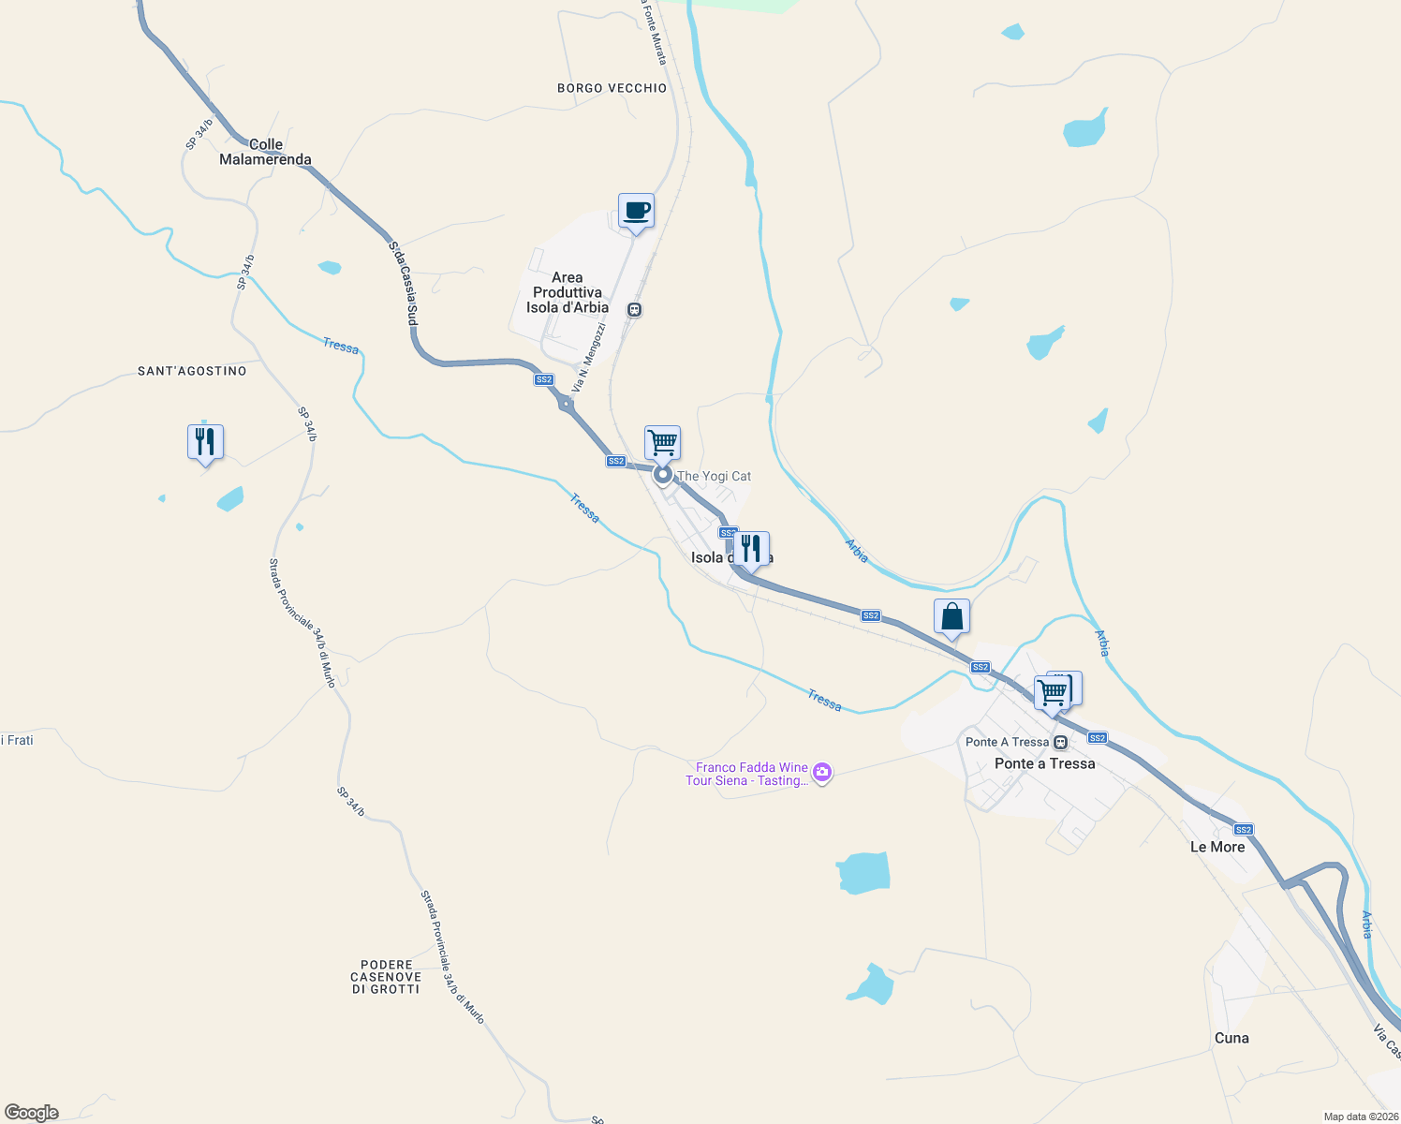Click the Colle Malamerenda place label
[x=265, y=152]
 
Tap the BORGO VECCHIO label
[x=612, y=88]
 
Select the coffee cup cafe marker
[x=636, y=212]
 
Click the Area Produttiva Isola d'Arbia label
[x=568, y=292]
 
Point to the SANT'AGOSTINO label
[x=192, y=371]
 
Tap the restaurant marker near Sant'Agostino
[x=205, y=441]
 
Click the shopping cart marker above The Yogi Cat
[x=662, y=442]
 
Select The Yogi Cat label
[x=714, y=476]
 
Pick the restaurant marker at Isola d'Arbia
[x=751, y=549]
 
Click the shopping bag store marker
[x=951, y=617]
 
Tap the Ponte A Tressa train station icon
[x=1060, y=742]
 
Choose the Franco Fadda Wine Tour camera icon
[x=822, y=773]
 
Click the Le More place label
[x=1217, y=847]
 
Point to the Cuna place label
[x=1231, y=1038]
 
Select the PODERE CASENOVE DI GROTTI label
[x=386, y=977]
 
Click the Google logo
[x=32, y=1113]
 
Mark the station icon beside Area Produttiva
[x=634, y=310]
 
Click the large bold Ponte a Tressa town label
[x=1044, y=763]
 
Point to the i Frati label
[x=18, y=740]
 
